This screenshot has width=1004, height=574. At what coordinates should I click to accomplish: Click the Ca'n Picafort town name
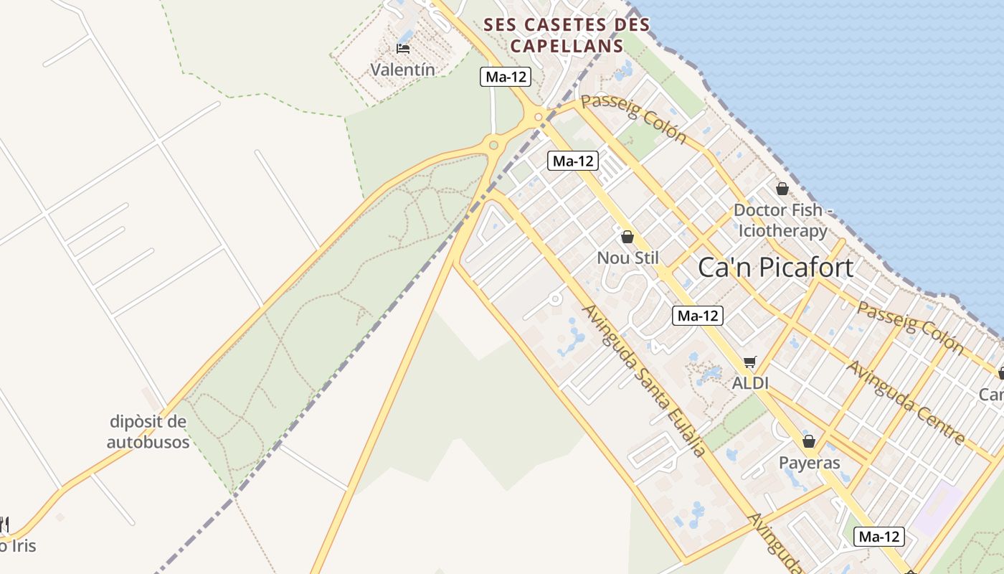click(775, 268)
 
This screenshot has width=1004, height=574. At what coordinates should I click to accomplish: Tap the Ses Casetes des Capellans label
click(567, 35)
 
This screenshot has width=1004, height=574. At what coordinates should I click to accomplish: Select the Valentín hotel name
click(402, 70)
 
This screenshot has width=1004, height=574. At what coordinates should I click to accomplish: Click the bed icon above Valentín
click(403, 49)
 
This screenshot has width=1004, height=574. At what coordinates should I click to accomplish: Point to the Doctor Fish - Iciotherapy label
click(782, 221)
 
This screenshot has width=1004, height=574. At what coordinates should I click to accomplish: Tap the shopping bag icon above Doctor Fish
click(782, 189)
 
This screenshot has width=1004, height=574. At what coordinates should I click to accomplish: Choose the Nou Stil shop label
click(627, 258)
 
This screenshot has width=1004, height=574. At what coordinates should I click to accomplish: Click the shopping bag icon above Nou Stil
click(627, 237)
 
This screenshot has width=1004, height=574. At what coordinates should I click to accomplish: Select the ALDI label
click(750, 383)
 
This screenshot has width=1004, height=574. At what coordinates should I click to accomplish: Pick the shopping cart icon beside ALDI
click(750, 362)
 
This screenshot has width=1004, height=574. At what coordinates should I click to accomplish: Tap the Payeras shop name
click(809, 463)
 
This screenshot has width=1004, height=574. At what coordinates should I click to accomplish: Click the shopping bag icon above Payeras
click(809, 441)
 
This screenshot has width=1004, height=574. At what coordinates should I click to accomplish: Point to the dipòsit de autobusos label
click(148, 431)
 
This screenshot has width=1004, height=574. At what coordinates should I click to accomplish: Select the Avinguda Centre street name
click(905, 402)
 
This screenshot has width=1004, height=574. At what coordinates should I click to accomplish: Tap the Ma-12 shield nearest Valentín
click(506, 77)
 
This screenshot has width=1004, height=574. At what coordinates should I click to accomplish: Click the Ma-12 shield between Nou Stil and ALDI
click(697, 315)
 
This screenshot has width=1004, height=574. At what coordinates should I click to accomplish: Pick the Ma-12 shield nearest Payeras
click(880, 536)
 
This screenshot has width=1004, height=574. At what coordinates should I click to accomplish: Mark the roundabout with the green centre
click(493, 146)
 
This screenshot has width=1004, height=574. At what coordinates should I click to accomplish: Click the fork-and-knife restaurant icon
click(4, 524)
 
